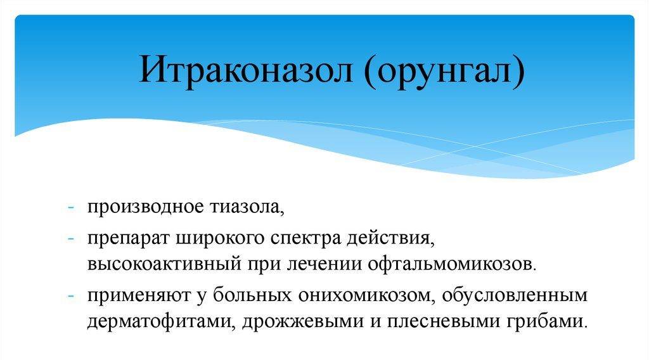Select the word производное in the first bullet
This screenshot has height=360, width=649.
(x=146, y=207)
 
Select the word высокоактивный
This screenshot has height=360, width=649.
(x=164, y=264)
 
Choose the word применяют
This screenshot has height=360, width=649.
(x=139, y=295)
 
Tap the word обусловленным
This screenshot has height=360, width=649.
(x=515, y=295)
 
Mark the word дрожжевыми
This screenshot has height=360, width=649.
(x=302, y=321)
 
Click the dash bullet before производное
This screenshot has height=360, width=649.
(x=70, y=207)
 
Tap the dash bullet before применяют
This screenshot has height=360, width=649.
(x=70, y=296)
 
